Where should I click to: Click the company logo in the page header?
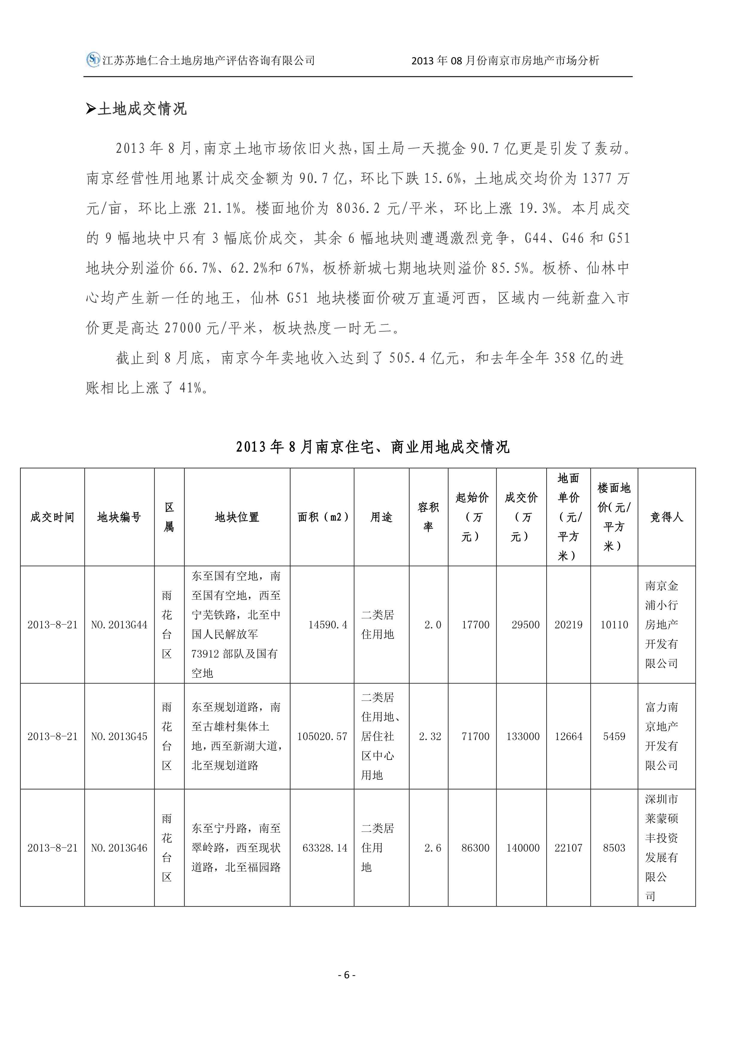point(93,60)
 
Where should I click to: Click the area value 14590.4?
point(328,625)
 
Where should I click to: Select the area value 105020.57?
point(322,736)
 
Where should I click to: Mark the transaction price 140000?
point(523,848)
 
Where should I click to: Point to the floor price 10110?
point(614,625)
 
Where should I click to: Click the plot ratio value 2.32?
point(430,736)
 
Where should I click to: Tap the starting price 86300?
point(475,848)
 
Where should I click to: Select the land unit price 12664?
point(568,736)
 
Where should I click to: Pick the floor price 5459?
point(614,736)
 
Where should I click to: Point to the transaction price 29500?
point(525,625)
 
